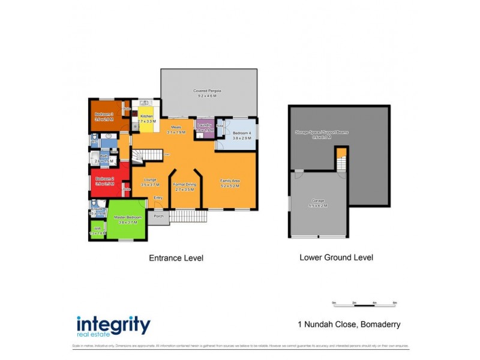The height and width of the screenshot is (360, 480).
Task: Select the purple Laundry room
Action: tap(205, 128)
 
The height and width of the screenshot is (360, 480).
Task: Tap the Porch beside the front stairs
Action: tap(158, 217)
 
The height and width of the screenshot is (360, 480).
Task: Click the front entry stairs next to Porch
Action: tap(188, 216)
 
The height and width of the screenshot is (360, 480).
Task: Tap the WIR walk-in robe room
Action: tap(97, 230)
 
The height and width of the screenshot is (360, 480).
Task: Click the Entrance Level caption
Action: tap(176, 258)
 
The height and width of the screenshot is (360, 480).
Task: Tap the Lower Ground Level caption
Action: tap(336, 257)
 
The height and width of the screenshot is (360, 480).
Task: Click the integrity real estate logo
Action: tap(113, 326)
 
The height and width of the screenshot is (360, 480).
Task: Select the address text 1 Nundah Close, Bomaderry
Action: tap(349, 325)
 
